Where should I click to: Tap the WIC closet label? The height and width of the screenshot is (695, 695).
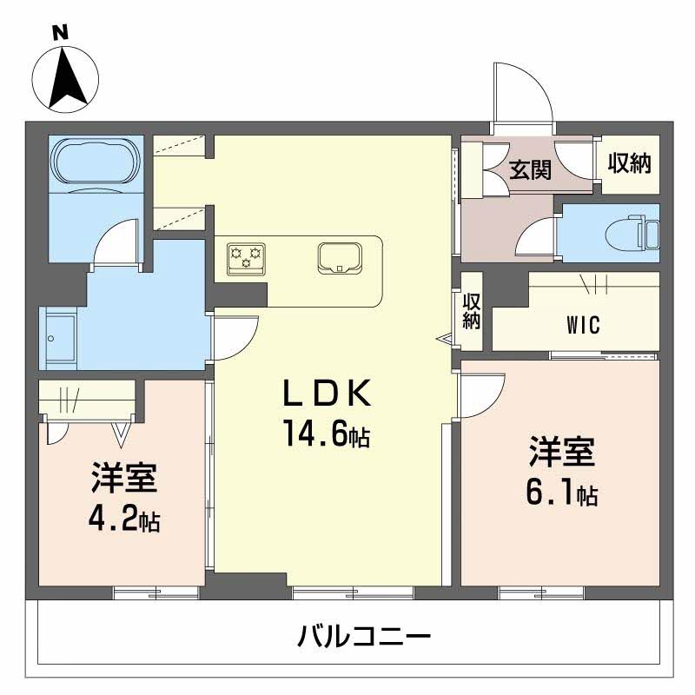583,327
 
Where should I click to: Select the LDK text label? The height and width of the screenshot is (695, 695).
327,395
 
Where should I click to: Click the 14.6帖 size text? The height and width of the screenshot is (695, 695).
326,434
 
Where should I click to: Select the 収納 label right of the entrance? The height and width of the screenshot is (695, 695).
628,162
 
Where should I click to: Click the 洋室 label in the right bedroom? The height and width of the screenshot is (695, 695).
561,453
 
